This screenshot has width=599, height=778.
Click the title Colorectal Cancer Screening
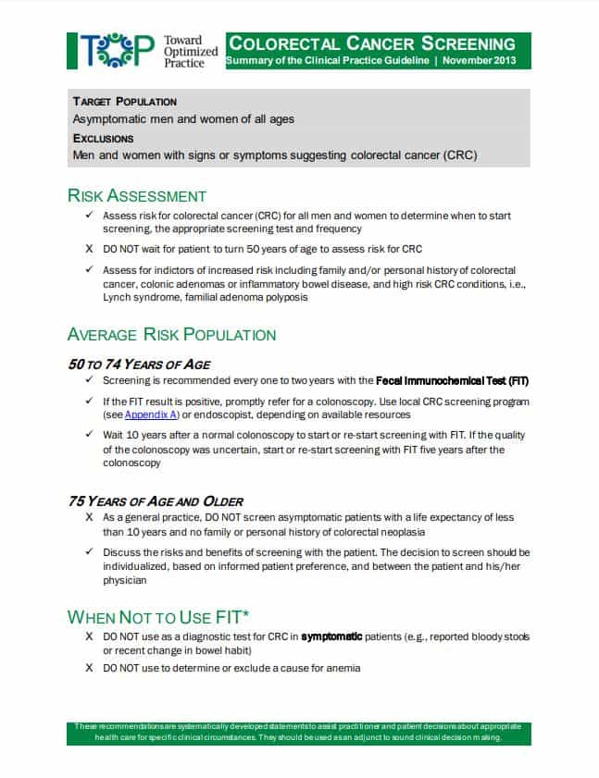point(372,43)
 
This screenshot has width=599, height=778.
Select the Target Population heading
point(125,102)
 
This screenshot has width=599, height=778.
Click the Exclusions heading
point(104,138)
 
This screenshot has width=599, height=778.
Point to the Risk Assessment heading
point(137,195)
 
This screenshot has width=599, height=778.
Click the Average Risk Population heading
point(171,335)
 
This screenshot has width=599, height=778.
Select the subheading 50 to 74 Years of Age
point(139,364)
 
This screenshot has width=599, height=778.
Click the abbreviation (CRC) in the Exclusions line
point(460,155)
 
